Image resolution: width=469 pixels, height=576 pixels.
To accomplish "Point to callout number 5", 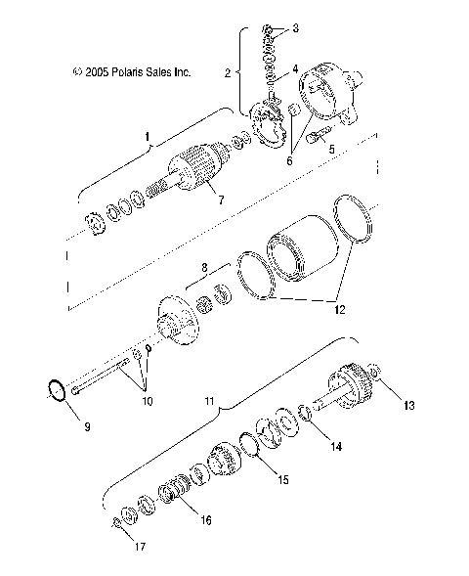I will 330,150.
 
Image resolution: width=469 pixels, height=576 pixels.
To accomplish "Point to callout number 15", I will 282,480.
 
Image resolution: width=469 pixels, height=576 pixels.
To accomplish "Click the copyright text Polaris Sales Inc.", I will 131,71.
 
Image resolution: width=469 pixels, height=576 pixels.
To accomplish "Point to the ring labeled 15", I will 250,447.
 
